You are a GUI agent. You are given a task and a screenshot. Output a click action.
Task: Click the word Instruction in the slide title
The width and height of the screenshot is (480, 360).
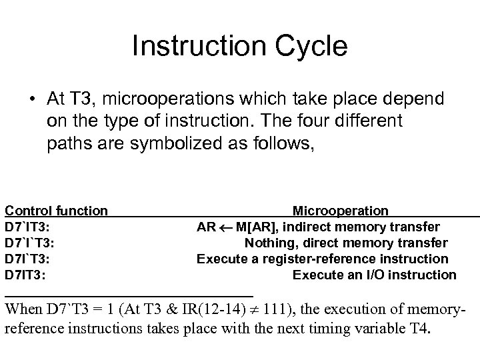[195, 47]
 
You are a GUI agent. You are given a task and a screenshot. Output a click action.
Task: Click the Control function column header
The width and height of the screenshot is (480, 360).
[56, 211]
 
